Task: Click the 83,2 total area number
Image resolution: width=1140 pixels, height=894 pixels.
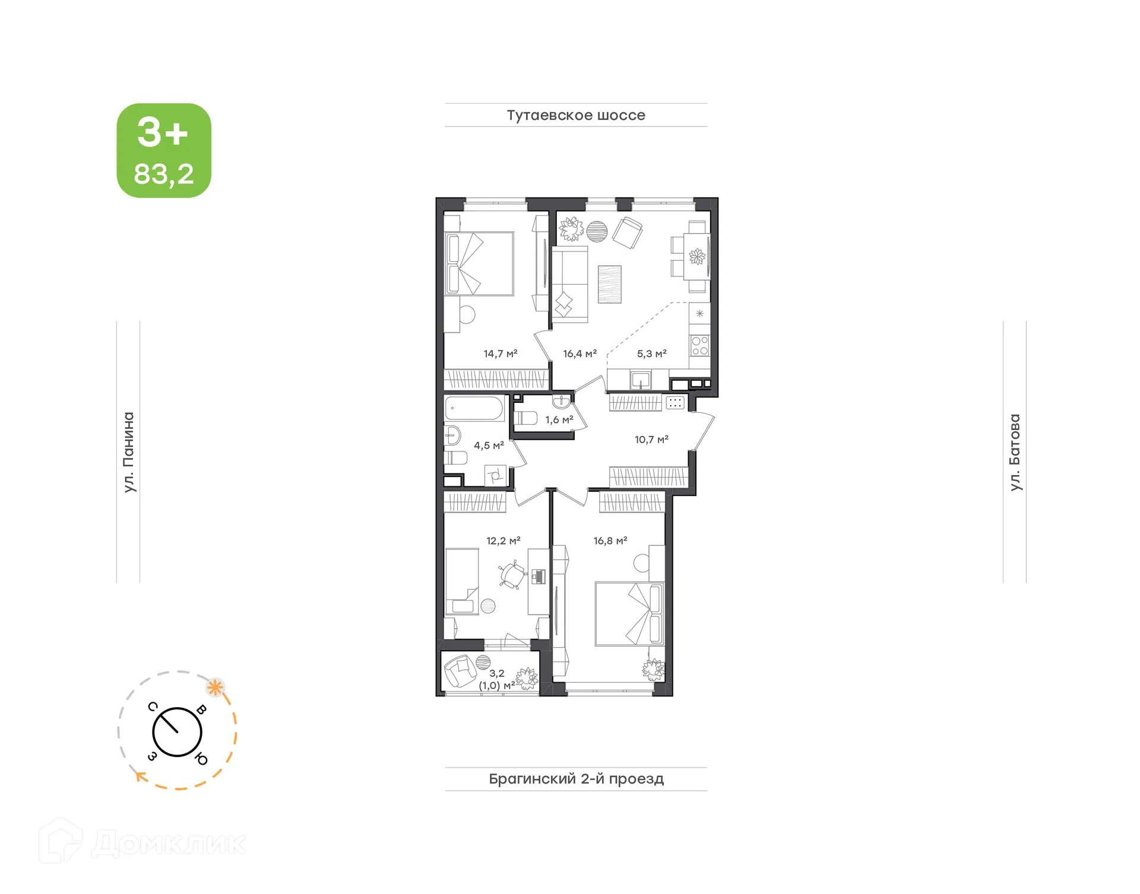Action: [164, 174]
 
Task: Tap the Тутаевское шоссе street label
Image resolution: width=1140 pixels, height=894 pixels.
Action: [575, 115]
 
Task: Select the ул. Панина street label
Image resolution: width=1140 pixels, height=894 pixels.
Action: [129, 452]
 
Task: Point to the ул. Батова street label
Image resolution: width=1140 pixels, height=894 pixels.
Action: [1015, 452]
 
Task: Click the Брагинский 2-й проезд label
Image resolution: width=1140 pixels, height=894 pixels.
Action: [576, 779]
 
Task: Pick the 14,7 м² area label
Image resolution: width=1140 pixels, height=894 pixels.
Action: [501, 354]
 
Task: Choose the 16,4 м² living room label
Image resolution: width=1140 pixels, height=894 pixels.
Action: [579, 354]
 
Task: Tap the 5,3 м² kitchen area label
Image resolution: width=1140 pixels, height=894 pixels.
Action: [651, 354]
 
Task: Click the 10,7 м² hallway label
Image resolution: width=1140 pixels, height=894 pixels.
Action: [651, 440]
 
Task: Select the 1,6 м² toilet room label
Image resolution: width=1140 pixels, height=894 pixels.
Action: [559, 420]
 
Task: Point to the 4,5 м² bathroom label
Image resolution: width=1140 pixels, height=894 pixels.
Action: [489, 446]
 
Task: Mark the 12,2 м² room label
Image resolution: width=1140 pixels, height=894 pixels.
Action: [503, 541]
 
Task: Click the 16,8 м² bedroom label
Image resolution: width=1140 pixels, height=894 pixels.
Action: [610, 541]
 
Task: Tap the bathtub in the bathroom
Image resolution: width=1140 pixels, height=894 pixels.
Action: [474, 408]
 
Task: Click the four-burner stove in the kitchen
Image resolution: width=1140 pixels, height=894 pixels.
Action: [699, 345]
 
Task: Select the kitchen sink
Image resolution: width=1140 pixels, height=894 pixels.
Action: [641, 379]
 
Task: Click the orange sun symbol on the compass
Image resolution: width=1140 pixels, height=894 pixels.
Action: [215, 688]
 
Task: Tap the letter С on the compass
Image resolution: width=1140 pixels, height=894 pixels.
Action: [153, 706]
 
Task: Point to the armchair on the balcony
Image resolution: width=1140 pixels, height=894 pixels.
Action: [460, 671]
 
